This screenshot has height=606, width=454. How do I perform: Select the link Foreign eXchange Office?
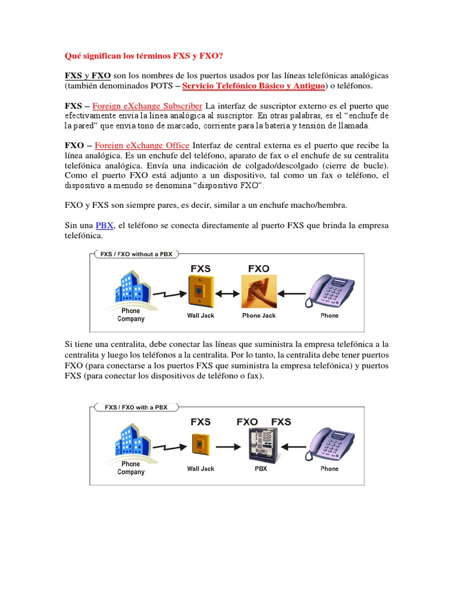click(142, 146)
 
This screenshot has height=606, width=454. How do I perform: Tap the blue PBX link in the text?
click(105, 225)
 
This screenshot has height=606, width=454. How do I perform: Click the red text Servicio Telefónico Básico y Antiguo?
click(254, 86)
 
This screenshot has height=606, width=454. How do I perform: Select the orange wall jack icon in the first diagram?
click(200, 291)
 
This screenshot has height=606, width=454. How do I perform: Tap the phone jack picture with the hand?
click(259, 292)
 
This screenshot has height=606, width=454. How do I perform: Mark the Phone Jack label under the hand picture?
click(259, 315)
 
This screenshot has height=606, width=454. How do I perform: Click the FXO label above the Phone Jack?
click(259, 269)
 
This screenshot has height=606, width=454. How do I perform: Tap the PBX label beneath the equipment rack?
click(261, 469)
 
